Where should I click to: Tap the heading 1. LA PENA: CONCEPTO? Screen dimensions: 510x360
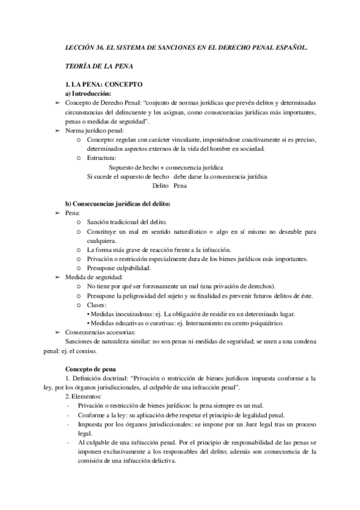103,85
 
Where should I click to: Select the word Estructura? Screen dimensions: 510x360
102,158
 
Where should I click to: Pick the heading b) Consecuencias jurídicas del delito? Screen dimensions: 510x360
118,204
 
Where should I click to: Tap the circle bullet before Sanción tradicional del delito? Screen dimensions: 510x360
79,223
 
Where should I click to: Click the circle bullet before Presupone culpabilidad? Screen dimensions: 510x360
79,268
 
